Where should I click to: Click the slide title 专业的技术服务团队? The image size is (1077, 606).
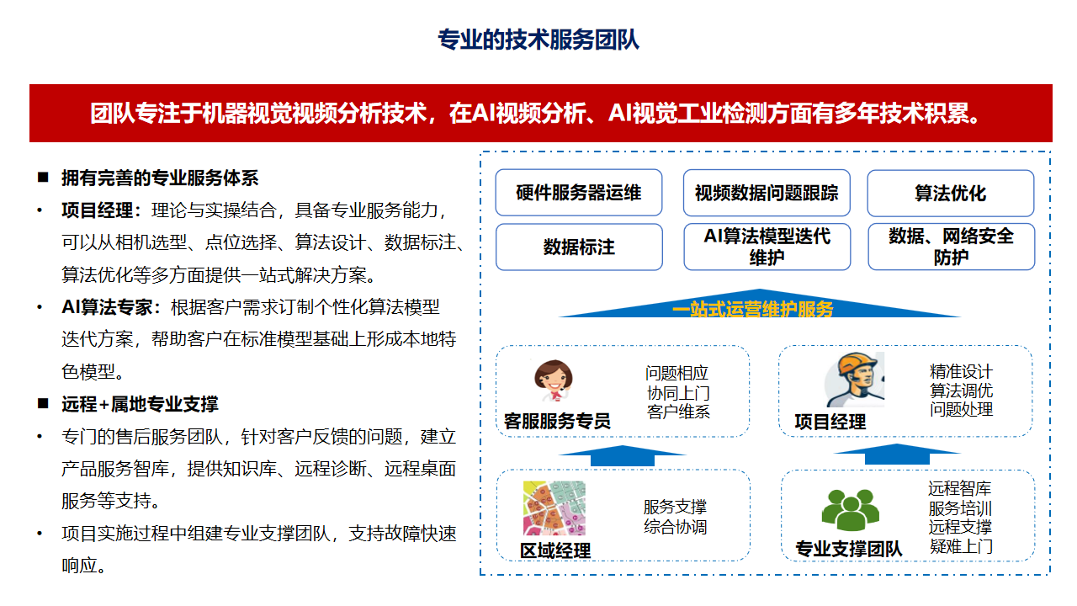point(538,40)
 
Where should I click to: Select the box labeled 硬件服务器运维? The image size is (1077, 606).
point(578,193)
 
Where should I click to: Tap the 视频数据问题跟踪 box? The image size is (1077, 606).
point(767,193)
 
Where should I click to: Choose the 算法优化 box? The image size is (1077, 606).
point(951,194)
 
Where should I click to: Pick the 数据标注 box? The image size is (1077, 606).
point(579,247)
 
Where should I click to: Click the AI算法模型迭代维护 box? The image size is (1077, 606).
point(767,247)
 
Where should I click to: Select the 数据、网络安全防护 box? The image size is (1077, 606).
point(951,247)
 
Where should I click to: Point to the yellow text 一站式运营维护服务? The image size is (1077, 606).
point(752,309)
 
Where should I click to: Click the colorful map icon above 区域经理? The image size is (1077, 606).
point(554,508)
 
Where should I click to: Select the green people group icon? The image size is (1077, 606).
point(851,510)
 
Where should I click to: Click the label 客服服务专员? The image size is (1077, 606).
point(557,422)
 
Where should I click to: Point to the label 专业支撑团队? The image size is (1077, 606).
point(849,549)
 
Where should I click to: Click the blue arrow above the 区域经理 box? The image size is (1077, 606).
point(622,455)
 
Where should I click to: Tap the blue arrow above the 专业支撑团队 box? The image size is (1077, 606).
point(897,454)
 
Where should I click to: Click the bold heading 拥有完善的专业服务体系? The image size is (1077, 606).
point(160,178)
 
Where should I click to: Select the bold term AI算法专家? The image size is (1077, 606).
point(107,307)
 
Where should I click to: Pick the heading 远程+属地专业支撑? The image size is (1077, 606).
point(140,404)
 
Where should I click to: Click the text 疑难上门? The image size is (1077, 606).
point(961,546)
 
